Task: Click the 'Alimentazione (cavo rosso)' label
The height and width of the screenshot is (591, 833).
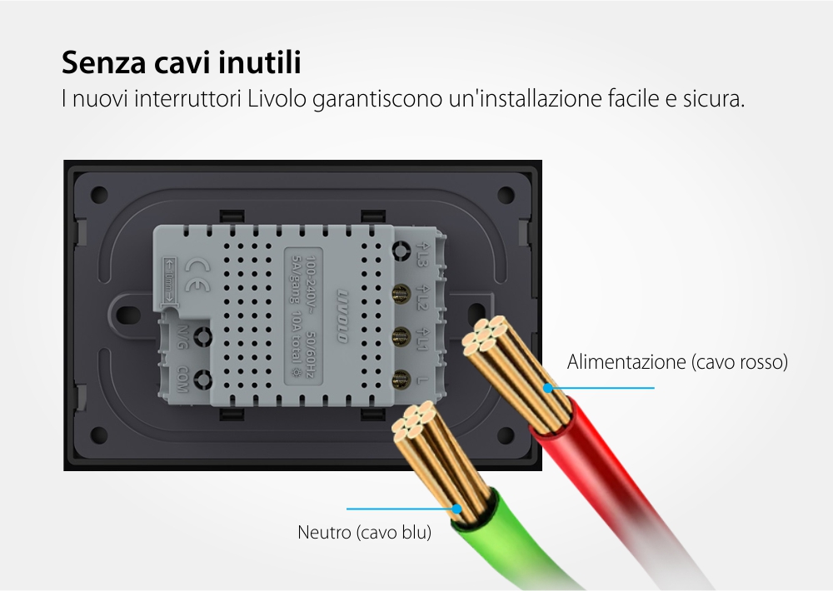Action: [x=677, y=362]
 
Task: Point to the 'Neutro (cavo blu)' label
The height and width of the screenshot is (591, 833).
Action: [x=365, y=532]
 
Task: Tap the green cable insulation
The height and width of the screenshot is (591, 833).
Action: [x=500, y=533]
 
